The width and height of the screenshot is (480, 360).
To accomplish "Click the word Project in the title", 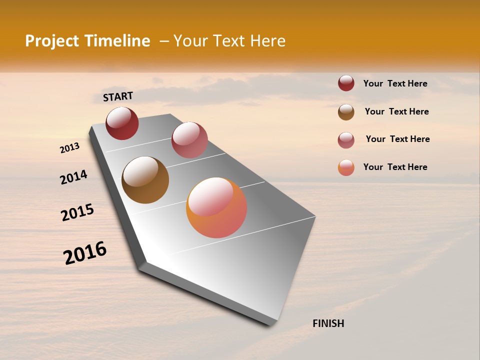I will (52, 41).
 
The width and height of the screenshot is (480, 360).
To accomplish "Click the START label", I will (118, 96).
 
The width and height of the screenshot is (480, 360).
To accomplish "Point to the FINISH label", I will (328, 323).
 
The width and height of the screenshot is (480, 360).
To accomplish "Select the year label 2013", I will (70, 148).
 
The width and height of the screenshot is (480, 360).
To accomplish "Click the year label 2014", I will (74, 177).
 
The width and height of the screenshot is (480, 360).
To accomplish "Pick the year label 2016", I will (85, 253).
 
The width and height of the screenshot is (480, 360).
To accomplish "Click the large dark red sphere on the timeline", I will (122, 123).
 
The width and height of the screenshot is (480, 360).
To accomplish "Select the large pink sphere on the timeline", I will (189, 140).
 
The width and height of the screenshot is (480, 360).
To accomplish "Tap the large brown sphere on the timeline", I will (145, 180).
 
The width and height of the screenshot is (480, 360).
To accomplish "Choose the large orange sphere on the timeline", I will (216, 207).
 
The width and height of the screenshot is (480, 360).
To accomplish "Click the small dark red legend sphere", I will (346, 83).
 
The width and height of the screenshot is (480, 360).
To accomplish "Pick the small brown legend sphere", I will (346, 112).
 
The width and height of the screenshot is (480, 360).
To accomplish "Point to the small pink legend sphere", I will (346, 140).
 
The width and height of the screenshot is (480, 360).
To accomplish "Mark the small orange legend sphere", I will (346, 168).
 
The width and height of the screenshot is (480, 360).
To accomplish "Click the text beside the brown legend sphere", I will (396, 111).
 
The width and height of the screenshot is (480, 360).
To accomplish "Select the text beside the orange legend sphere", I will (395, 167).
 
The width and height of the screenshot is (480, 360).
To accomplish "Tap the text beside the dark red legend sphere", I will (395, 83).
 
